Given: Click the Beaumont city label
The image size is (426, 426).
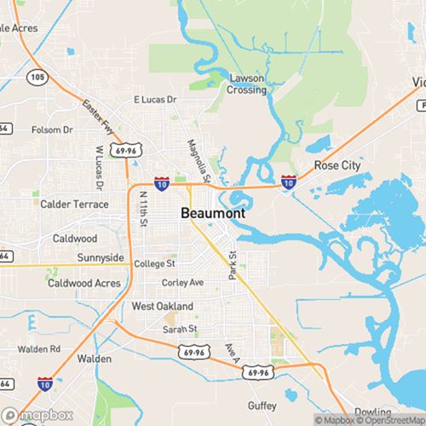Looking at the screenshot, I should click(x=213, y=214).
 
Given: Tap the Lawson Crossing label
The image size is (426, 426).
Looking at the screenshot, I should click(x=247, y=84).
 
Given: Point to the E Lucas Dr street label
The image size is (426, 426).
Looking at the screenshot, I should click(x=155, y=100).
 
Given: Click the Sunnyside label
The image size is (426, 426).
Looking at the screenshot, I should click(x=101, y=257).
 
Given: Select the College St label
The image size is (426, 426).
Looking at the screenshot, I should click(x=155, y=264).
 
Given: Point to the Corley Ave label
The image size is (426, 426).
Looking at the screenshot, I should click(x=183, y=282).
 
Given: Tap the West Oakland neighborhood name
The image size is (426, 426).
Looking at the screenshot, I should click(x=163, y=306).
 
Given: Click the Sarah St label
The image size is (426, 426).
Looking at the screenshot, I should click(x=180, y=328).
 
